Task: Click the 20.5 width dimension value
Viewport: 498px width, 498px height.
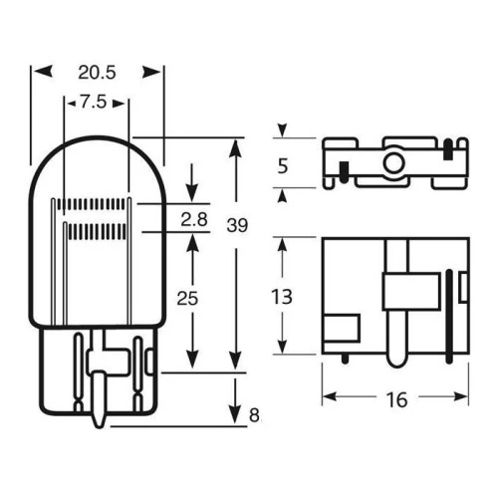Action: [97, 72]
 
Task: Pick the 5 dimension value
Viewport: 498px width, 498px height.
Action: [283, 166]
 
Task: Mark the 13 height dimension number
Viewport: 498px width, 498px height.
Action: [283, 296]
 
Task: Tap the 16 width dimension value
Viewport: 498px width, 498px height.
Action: [395, 400]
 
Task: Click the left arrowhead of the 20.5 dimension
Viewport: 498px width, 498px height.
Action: [38, 72]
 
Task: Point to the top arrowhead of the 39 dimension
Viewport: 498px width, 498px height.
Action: [235, 143]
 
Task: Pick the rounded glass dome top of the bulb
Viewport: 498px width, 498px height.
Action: [97, 144]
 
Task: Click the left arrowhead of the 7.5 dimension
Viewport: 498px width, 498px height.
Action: [68, 101]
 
